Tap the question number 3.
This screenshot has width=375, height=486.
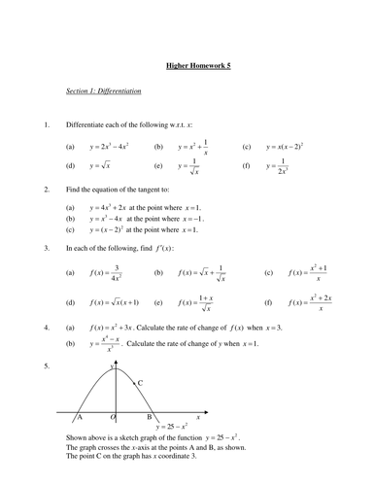click(46, 249)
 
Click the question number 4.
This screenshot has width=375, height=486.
click(46, 329)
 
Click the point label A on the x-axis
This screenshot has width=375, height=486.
click(80, 417)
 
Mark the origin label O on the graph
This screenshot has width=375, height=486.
click(113, 417)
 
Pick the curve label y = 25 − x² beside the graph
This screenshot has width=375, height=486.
click(176, 426)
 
